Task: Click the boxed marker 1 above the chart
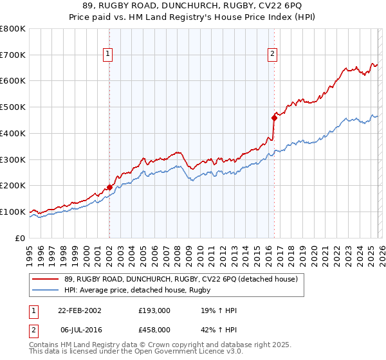pos(108,54)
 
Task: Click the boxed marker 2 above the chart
pos(273,54)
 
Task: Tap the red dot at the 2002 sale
pos(109,187)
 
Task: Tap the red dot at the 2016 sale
pos(274,118)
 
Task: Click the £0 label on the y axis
pos(19,238)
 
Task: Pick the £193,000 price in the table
pos(155,310)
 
